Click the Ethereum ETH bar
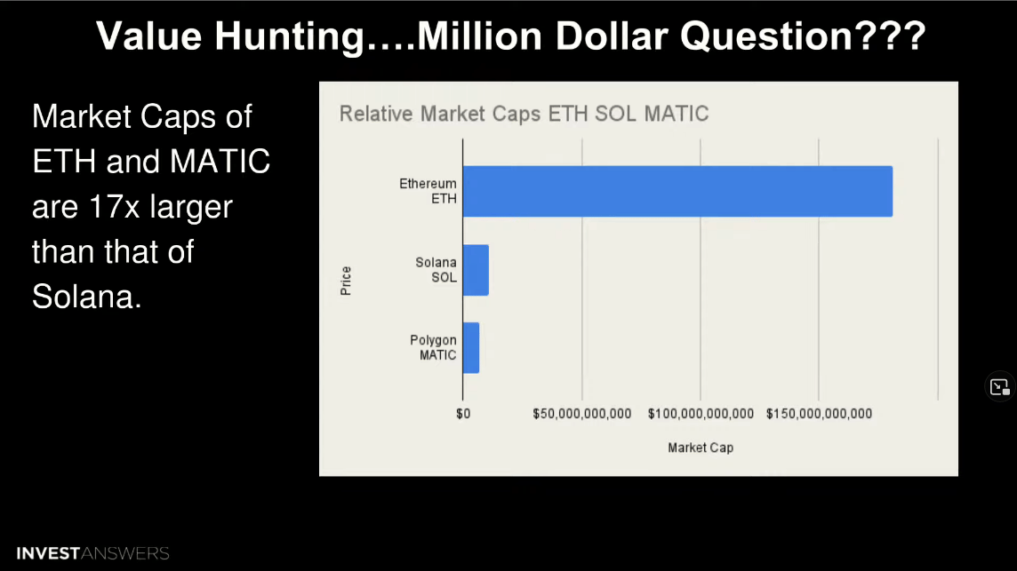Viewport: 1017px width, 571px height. [x=677, y=191]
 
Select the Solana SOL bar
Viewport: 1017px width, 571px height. [x=476, y=270]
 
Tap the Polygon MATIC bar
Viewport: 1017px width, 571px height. [x=471, y=348]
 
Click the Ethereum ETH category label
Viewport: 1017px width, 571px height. [x=428, y=191]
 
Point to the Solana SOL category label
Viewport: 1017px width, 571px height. [x=436, y=270]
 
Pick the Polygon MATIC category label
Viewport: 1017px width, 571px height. [x=433, y=347]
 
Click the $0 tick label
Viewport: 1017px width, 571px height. [x=463, y=414]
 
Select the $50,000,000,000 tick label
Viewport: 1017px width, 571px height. [x=581, y=414]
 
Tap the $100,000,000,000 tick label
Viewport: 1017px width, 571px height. [x=701, y=414]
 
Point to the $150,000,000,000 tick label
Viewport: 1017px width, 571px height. [x=819, y=414]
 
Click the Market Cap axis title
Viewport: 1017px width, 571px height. [x=701, y=448]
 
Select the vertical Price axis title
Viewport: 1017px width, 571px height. [x=346, y=281]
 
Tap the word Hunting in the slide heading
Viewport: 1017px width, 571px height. [x=290, y=36]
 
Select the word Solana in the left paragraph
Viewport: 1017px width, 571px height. [x=86, y=297]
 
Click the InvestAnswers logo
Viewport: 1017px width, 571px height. [x=92, y=553]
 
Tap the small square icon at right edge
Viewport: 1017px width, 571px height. [x=999, y=387]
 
